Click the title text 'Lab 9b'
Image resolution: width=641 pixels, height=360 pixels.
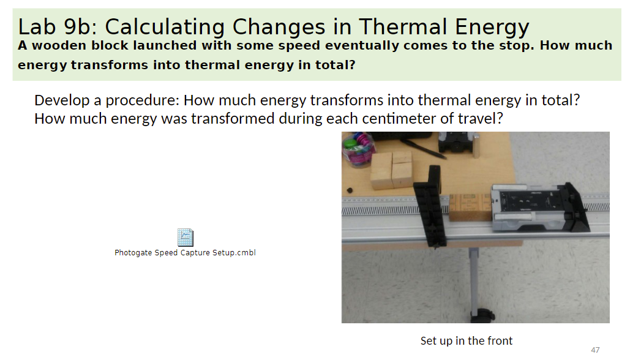click(54, 27)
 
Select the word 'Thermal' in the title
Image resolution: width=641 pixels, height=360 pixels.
click(402, 27)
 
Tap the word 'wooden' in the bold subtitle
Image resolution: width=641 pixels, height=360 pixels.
click(61, 46)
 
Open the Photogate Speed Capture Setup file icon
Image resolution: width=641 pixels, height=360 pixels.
click(185, 237)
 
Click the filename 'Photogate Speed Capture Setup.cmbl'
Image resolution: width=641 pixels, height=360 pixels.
click(185, 253)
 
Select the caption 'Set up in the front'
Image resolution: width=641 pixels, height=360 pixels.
click(466, 340)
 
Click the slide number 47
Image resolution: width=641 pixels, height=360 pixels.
click(595, 350)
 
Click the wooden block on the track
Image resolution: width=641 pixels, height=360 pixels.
click(470, 207)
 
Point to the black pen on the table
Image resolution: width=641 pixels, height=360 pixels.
click(427, 148)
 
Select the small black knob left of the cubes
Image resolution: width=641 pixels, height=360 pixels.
click(348, 189)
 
